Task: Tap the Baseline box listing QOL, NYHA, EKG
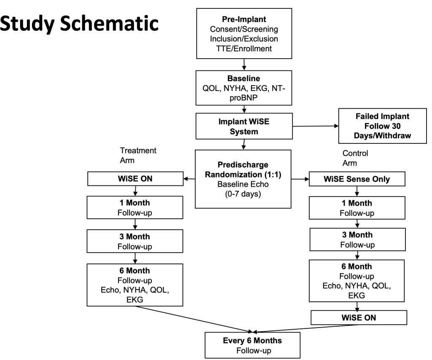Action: click(x=244, y=87)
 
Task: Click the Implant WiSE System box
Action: click(x=244, y=125)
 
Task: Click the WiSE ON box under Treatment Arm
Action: click(x=134, y=179)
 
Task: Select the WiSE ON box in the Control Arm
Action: click(x=358, y=317)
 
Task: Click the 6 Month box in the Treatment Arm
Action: click(x=134, y=284)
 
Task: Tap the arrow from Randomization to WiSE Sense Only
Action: click(x=301, y=179)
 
